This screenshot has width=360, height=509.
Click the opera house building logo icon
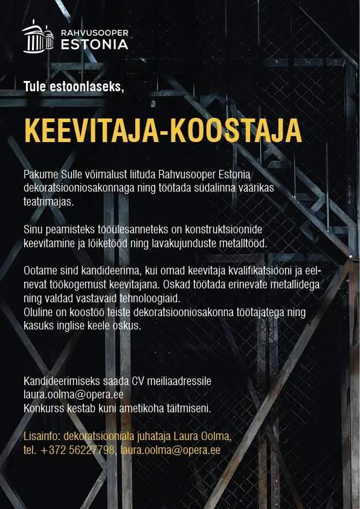point(40,37)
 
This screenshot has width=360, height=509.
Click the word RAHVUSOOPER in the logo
point(95,32)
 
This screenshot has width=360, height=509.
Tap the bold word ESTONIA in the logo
point(95,44)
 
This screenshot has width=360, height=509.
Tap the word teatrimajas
point(48,201)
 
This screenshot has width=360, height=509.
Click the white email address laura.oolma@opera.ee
point(73,395)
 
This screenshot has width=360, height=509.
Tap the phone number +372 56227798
point(78,450)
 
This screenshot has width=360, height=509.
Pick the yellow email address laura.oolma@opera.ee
point(170,450)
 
